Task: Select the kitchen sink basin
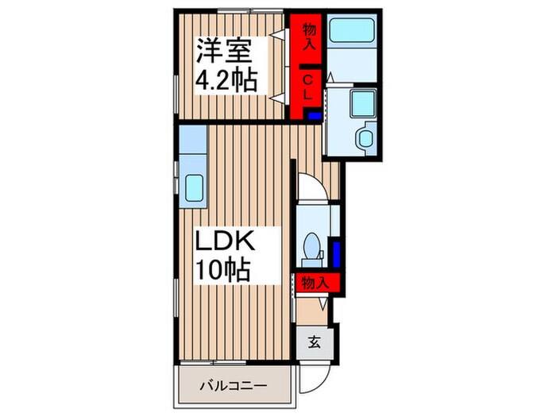pyautogui.click(x=195, y=187)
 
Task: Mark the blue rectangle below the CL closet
pyautogui.click(x=314, y=116)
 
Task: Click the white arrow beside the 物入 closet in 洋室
pyautogui.click(x=278, y=33)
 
